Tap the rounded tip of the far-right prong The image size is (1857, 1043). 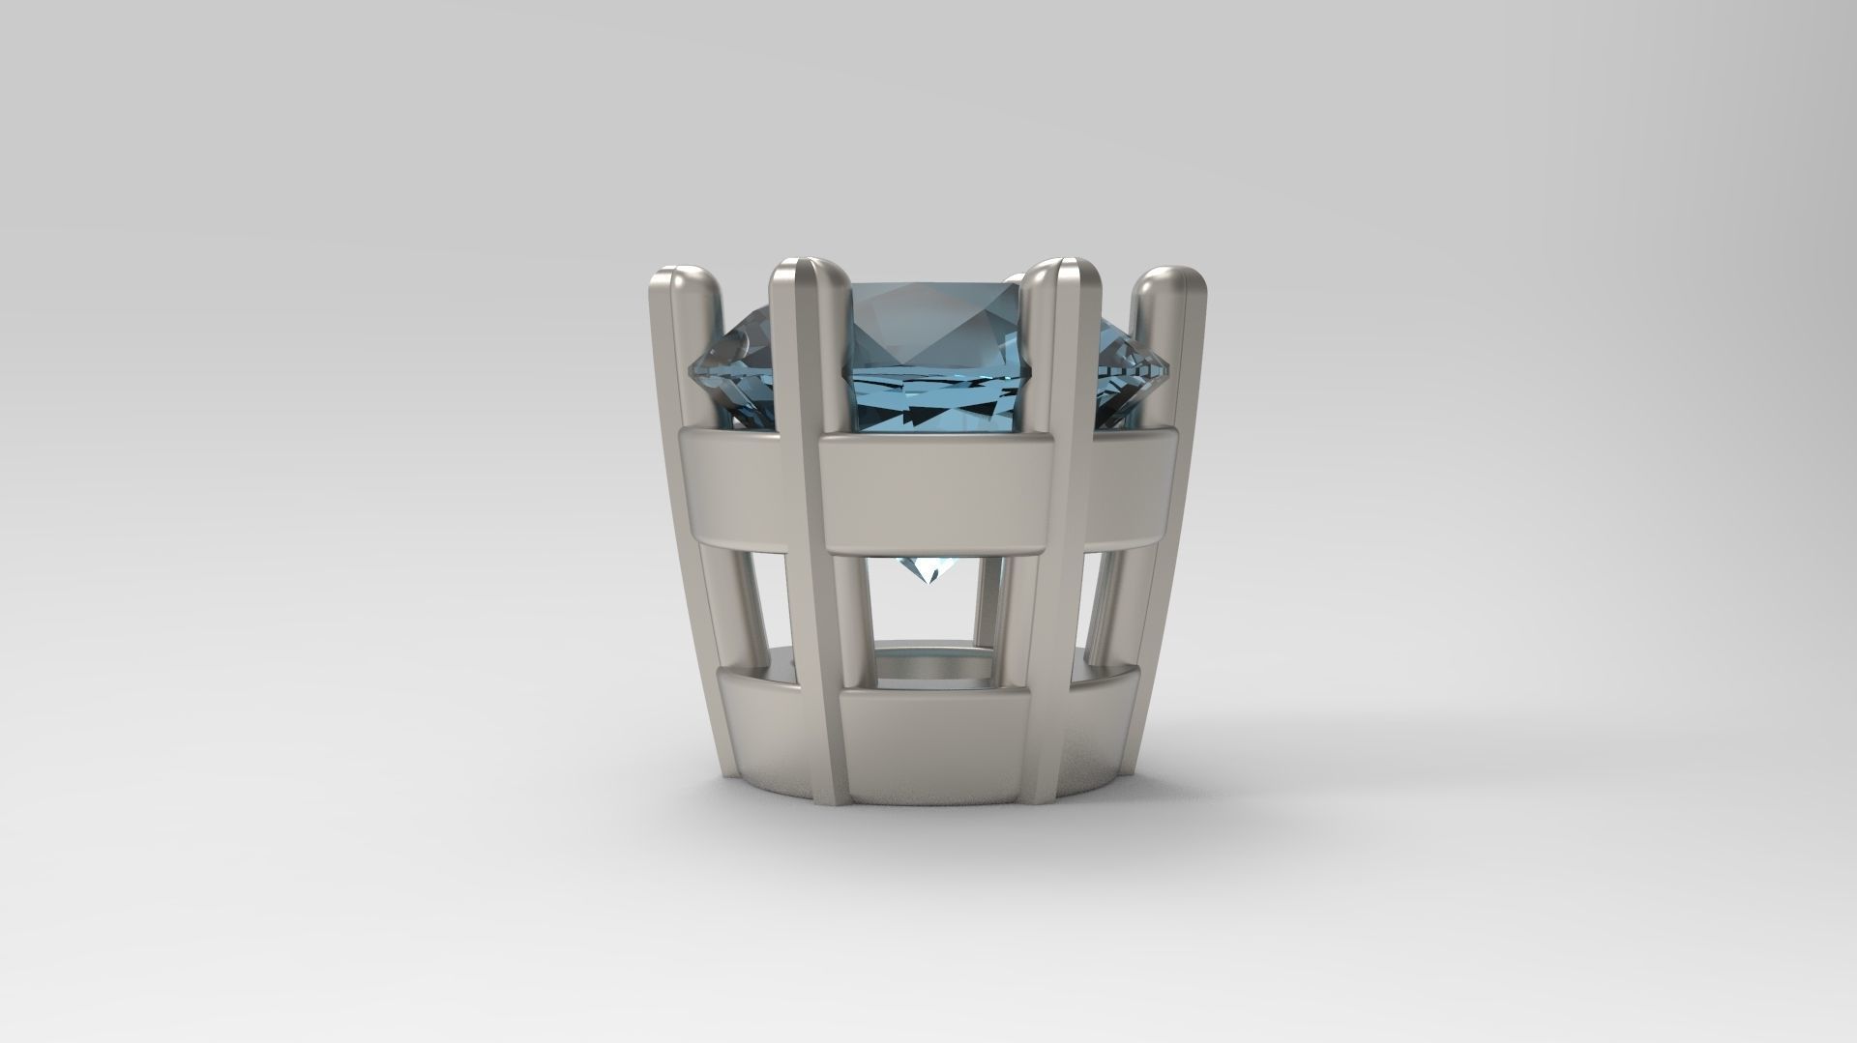click(x=1170, y=281)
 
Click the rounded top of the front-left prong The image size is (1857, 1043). click(x=809, y=274)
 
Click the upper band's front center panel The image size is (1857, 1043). click(x=933, y=495)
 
